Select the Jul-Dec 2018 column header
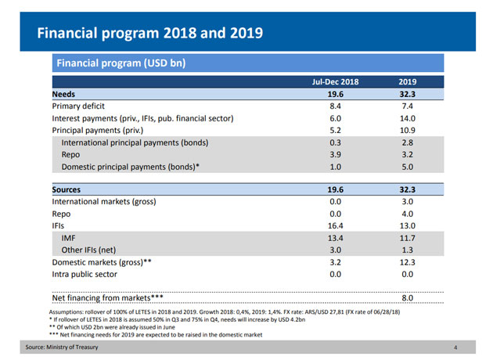tap(336, 81)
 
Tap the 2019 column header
tap(408, 81)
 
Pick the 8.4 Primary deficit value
tap(336, 106)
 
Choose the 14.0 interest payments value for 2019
tap(408, 118)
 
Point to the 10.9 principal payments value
tap(408, 131)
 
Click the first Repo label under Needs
tap(71, 155)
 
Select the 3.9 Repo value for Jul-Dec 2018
tap(336, 155)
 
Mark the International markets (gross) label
tap(104, 202)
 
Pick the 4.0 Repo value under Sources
tap(408, 214)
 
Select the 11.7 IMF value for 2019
tap(408, 238)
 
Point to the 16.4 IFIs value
tap(336, 225)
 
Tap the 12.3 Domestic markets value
tap(408, 262)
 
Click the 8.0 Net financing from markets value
tap(408, 298)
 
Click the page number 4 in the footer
tap(455, 347)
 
